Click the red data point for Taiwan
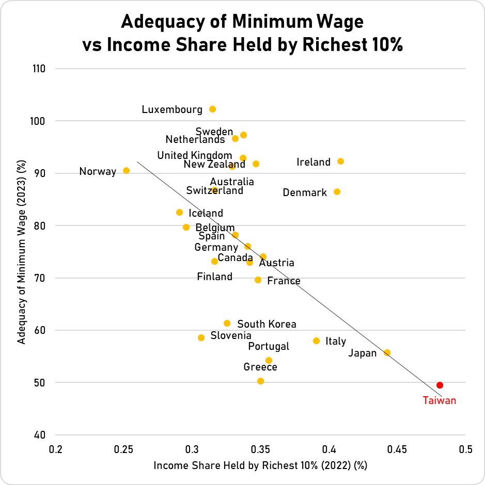[440, 385]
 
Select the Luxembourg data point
[212, 109]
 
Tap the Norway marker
[126, 170]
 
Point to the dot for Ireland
[340, 161]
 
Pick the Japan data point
[387, 352]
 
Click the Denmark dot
[337, 191]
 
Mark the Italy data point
[316, 341]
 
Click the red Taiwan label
[440, 400]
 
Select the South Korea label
[267, 324]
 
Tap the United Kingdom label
[195, 155]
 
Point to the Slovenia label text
[231, 336]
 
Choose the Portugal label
[269, 346]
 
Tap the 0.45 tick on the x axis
[397, 449]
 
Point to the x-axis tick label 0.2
[55, 449]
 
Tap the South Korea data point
[227, 324]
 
